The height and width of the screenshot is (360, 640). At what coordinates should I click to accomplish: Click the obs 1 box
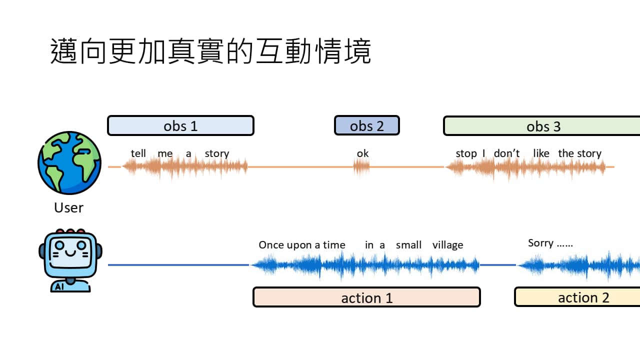[180, 125]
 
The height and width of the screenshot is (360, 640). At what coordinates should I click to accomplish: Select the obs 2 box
[366, 125]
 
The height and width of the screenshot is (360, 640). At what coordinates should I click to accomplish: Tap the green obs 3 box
[542, 126]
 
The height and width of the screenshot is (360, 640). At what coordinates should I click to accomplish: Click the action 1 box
[366, 297]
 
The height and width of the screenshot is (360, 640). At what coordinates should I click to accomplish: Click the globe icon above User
[69, 163]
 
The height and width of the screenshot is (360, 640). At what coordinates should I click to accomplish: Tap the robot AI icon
[70, 260]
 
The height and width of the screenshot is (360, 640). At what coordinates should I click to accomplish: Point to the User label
[68, 207]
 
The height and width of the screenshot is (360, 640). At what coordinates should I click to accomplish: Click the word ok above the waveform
[362, 153]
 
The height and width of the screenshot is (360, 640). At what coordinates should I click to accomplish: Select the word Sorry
[540, 243]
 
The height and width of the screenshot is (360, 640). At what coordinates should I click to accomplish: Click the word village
[447, 245]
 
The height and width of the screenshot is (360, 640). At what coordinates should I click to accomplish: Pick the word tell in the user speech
[138, 153]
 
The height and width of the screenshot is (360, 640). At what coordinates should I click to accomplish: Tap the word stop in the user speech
[466, 154]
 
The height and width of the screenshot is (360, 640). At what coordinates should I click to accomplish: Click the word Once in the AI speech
[271, 245]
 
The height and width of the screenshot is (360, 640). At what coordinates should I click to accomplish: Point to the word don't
[506, 153]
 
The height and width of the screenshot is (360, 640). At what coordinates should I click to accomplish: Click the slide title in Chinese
[210, 51]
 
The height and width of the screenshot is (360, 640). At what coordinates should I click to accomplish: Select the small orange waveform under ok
[361, 167]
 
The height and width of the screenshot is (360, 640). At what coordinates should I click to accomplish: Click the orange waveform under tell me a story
[185, 167]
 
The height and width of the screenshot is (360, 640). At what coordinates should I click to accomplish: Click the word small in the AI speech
[408, 245]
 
